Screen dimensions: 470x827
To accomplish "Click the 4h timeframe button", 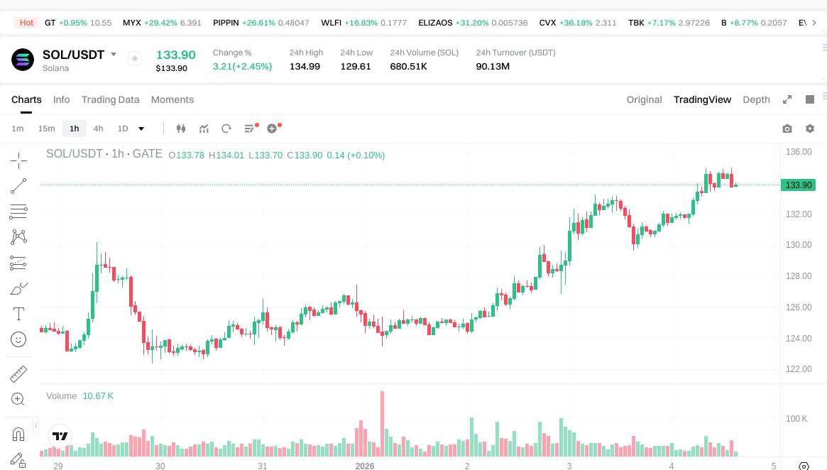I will tap(98, 129).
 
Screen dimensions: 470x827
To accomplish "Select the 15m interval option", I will tap(46, 129).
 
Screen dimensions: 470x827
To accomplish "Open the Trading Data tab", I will tap(110, 99).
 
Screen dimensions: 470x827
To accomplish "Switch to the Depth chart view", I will tap(756, 99).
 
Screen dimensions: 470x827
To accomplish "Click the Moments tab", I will tap(172, 99).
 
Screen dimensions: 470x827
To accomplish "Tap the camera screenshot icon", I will tap(787, 129).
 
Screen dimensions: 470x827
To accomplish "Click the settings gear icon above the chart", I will tap(810, 129).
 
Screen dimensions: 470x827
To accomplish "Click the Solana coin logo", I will tap(23, 60).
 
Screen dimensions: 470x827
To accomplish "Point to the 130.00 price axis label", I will tap(799, 245).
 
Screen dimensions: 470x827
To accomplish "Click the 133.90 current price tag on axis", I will tap(797, 185).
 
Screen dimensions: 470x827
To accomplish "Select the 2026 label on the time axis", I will tap(365, 466).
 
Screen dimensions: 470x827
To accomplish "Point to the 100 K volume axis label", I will tap(796, 419).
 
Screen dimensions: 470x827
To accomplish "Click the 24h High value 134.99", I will tap(305, 66).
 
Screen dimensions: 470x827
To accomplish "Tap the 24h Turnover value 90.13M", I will tap(493, 66).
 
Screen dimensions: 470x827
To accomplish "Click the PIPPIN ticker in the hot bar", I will tap(226, 23).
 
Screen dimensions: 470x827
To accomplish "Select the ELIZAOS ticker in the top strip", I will tap(435, 23).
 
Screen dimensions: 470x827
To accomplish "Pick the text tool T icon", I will tap(18, 314).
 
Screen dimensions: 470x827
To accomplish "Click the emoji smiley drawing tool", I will tap(18, 339).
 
